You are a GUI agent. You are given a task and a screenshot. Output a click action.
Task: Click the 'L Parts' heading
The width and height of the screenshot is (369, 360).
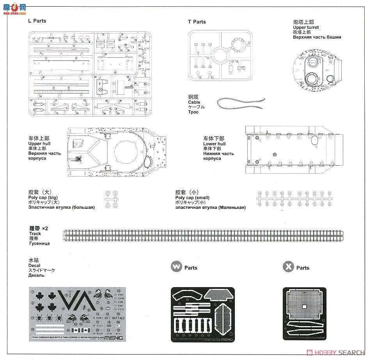(x=37, y=21)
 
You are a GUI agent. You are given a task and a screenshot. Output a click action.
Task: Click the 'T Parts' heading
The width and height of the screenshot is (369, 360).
(x=197, y=22)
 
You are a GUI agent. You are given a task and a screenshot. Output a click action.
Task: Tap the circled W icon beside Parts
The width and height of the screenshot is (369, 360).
(x=176, y=267)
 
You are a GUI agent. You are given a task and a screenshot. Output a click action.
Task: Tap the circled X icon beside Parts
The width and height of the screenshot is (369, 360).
(x=288, y=267)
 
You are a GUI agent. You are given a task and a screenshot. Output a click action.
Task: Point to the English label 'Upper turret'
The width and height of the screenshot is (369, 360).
(x=306, y=27)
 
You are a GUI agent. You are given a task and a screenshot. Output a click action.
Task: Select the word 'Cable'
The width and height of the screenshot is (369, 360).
(x=194, y=102)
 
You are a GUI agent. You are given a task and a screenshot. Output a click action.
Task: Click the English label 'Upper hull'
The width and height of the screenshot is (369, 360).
(x=39, y=143)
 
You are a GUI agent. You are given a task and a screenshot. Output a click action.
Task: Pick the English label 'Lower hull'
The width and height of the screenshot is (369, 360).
(x=214, y=144)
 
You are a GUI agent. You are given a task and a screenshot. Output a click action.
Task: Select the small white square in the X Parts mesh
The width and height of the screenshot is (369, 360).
(x=303, y=306)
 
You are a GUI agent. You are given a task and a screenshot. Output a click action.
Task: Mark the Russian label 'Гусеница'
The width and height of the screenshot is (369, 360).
(x=39, y=244)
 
